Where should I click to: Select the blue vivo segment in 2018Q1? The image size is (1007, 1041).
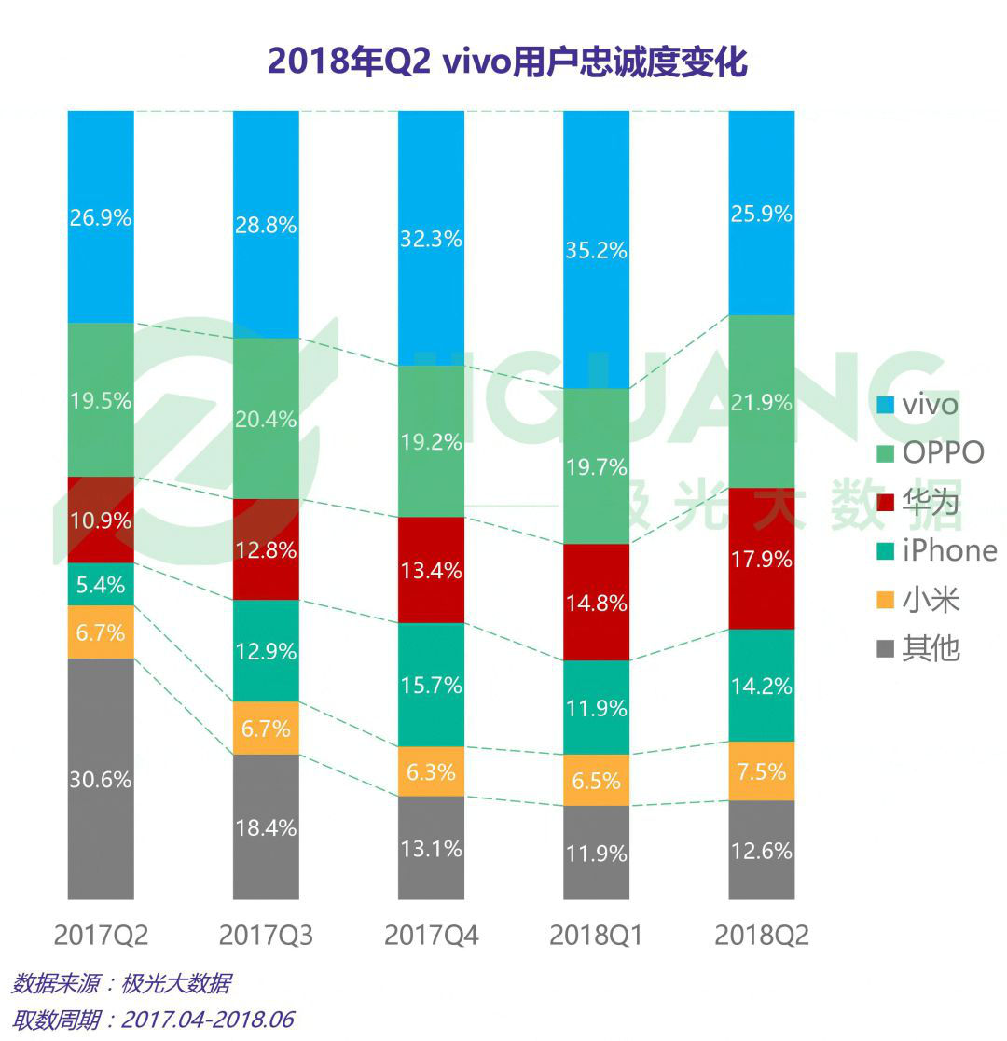tap(597, 249)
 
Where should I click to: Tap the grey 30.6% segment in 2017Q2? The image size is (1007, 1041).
tap(101, 779)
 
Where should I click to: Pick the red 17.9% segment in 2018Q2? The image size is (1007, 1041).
tap(762, 559)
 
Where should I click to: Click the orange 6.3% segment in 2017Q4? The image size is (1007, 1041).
tap(431, 771)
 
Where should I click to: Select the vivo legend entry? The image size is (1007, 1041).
tap(918, 405)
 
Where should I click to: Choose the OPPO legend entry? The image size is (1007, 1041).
tap(931, 453)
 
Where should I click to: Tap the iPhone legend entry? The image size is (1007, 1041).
tap(936, 550)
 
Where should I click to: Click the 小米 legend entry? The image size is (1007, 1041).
tap(918, 599)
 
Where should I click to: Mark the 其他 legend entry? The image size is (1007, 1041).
tap(918, 648)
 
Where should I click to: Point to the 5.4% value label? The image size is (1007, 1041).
tap(101, 585)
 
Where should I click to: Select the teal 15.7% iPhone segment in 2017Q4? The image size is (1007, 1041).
tap(431, 685)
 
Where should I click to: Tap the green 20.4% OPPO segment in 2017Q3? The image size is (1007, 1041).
tap(266, 419)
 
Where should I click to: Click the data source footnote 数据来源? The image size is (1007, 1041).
tap(121, 983)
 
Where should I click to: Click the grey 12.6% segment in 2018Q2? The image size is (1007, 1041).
tap(762, 851)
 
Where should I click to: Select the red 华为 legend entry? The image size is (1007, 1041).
tap(918, 502)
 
